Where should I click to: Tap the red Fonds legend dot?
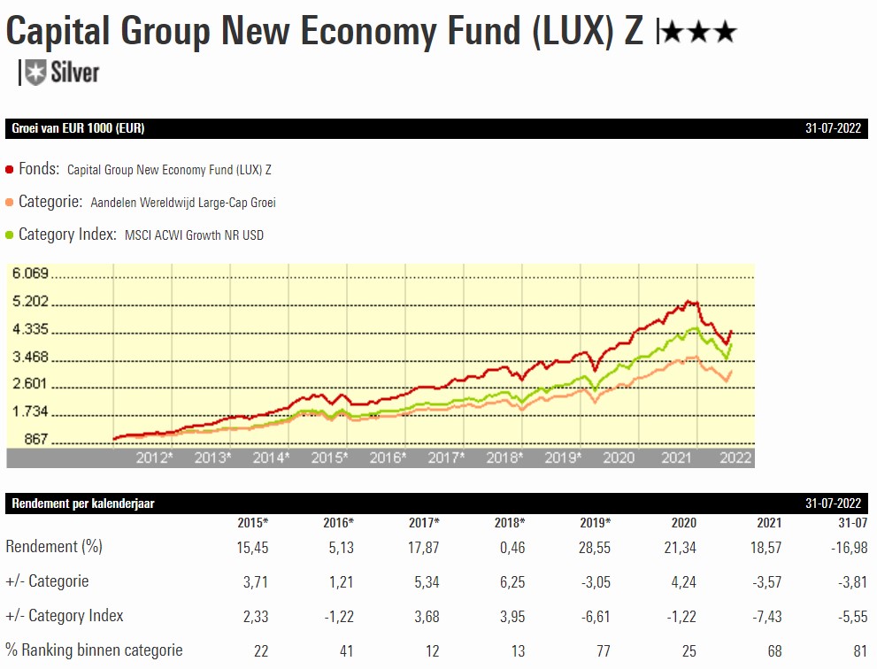click(x=10, y=169)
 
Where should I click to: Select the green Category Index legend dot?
click(x=10, y=235)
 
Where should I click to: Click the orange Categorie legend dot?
click(x=10, y=203)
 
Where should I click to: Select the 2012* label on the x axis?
click(x=155, y=458)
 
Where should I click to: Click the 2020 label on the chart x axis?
click(x=619, y=458)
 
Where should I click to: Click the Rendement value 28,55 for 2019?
click(x=593, y=548)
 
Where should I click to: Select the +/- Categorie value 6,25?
click(x=512, y=581)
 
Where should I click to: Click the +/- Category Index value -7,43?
click(x=765, y=616)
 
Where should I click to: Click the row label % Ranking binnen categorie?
click(x=94, y=650)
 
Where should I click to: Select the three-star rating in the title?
click(x=699, y=34)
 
